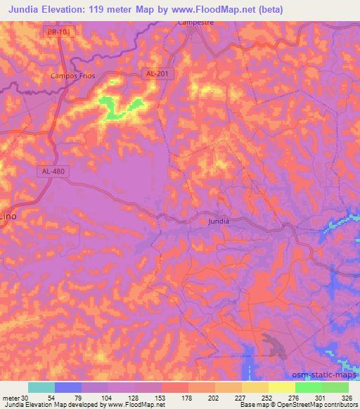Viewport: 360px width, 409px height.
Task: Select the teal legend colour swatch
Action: click(x=41, y=387)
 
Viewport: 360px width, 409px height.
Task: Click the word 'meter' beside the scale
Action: click(x=11, y=398)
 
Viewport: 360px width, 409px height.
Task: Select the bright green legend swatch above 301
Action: click(x=309, y=387)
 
